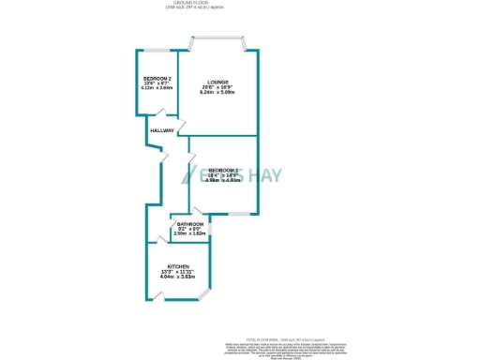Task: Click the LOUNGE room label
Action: click(x=217, y=82)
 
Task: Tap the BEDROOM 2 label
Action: click(x=155, y=77)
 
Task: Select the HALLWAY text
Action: click(x=161, y=130)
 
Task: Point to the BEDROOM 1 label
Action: click(x=223, y=170)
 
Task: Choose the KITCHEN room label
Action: click(x=178, y=266)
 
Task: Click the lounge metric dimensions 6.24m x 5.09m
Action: click(x=217, y=92)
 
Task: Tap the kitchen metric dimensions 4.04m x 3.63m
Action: click(x=178, y=277)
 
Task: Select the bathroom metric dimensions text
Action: click(x=189, y=234)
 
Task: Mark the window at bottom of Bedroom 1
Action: click(x=238, y=215)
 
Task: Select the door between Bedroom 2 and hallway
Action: click(x=169, y=118)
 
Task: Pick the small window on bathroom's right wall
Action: click(x=210, y=228)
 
